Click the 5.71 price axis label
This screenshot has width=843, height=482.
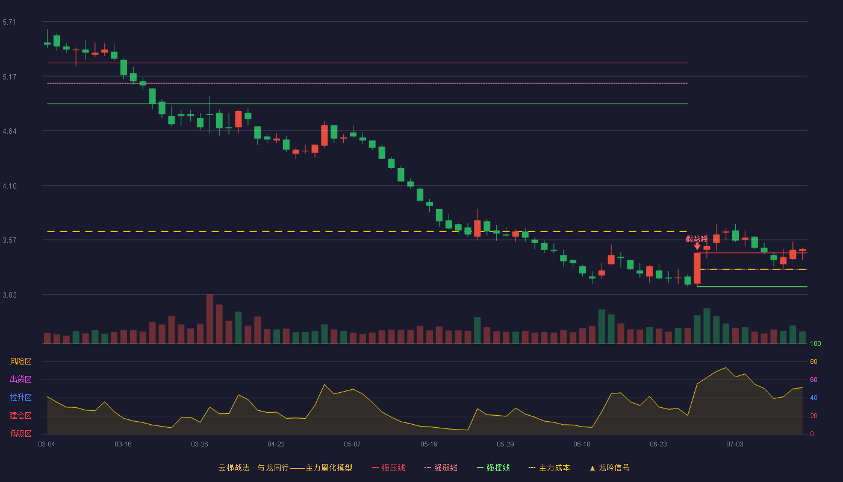coord(10,22)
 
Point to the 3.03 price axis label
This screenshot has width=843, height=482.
coord(10,295)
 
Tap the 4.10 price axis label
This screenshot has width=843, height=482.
coord(10,186)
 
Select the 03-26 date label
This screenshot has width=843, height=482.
coord(199,445)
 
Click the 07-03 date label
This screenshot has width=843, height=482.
coord(735,445)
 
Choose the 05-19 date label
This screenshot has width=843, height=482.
coord(429,445)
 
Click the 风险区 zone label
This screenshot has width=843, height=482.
coord(20,361)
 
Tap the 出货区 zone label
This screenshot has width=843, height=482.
coord(20,379)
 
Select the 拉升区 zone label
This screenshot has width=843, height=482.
coord(20,397)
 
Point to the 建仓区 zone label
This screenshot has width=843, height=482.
coord(20,415)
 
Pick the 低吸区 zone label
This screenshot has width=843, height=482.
coord(20,433)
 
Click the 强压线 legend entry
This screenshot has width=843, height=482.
coord(389,468)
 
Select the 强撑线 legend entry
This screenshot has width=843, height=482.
coord(493,468)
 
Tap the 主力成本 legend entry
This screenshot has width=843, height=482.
coord(549,468)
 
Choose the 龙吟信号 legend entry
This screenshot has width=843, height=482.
coord(609,468)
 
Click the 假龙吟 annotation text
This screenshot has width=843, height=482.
coord(697,239)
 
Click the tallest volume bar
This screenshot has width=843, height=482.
coord(210,319)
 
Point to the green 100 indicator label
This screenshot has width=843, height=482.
coord(815,343)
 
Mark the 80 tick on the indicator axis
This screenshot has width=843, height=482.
coord(813,361)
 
